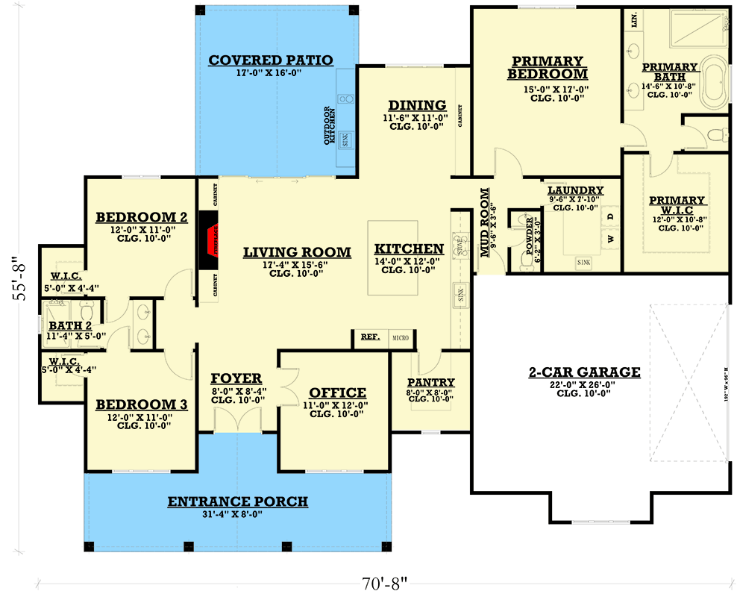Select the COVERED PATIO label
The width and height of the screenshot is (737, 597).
coord(271,60)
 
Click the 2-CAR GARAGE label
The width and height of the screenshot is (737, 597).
coord(585,372)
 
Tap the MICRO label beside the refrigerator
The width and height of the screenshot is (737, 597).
coord(401,338)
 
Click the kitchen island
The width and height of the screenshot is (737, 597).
coord(392,257)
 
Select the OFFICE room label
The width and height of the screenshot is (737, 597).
coord(337,393)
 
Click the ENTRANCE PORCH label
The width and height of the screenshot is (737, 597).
coord(237,501)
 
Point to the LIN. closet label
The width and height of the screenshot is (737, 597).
coord(635,19)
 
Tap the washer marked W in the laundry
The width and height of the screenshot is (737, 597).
coord(610,240)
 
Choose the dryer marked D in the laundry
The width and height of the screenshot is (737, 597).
coord(610,217)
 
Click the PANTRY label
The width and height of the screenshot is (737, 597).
coord(430,383)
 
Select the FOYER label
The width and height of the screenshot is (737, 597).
coord(236,378)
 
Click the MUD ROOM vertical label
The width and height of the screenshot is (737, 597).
coord(485,222)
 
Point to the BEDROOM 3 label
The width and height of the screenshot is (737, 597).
coord(141,404)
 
